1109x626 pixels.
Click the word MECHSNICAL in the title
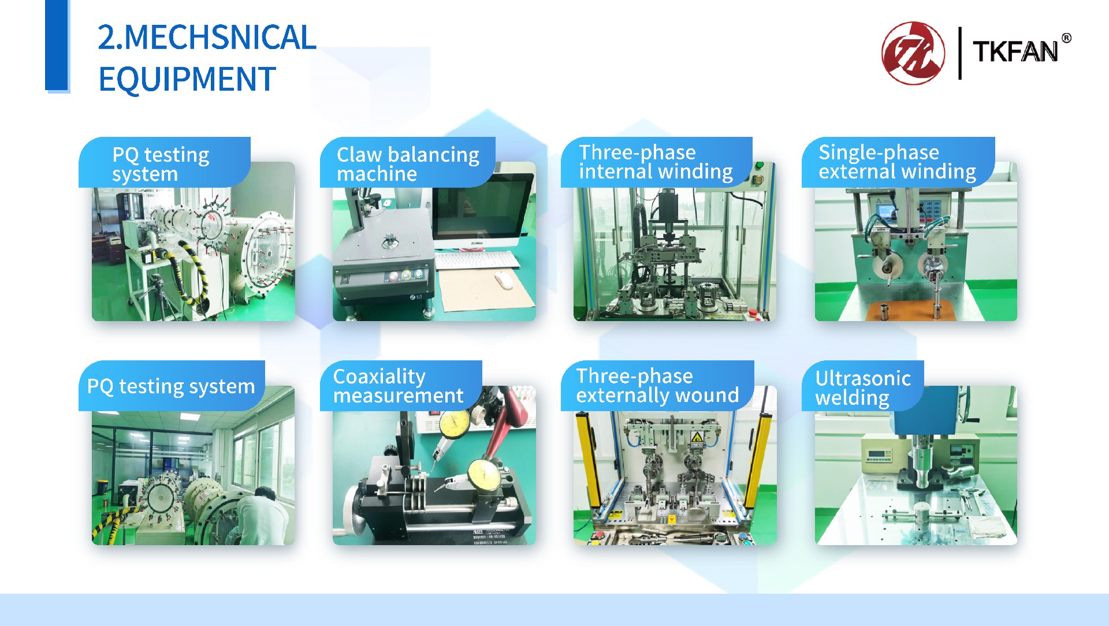point(220,38)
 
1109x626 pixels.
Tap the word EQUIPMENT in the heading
point(187,79)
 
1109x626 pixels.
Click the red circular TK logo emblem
point(913,53)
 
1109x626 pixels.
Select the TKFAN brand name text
point(1015,52)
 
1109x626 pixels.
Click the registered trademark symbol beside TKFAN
point(1066,38)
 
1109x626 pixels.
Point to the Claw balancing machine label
point(408,164)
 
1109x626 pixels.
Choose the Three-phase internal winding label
point(656,162)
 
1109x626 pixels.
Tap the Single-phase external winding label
point(897,162)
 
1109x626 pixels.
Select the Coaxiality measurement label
point(398,386)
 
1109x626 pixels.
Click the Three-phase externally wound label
point(657,385)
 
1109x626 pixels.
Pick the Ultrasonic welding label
point(863,388)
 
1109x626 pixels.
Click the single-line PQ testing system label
point(171,386)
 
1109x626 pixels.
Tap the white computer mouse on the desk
point(503,281)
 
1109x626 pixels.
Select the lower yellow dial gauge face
point(483,475)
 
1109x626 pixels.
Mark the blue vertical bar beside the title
point(57,46)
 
